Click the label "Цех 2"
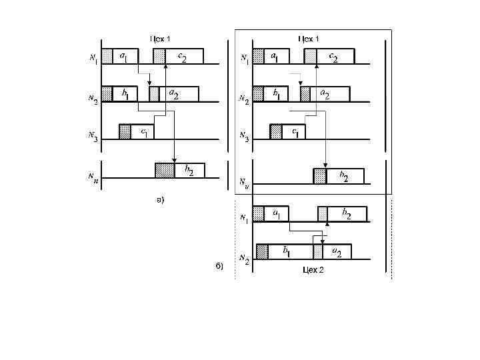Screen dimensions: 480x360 click(x=313, y=268)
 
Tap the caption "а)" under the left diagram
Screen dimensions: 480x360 click(x=159, y=199)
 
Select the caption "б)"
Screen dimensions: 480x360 click(x=220, y=266)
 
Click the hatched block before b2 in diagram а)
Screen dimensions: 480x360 click(x=164, y=170)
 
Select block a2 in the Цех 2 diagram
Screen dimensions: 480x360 click(x=337, y=251)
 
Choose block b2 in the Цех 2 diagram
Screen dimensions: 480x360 click(x=347, y=214)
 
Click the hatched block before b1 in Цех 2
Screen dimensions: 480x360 click(x=262, y=251)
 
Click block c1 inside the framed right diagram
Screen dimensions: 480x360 click(x=293, y=132)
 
